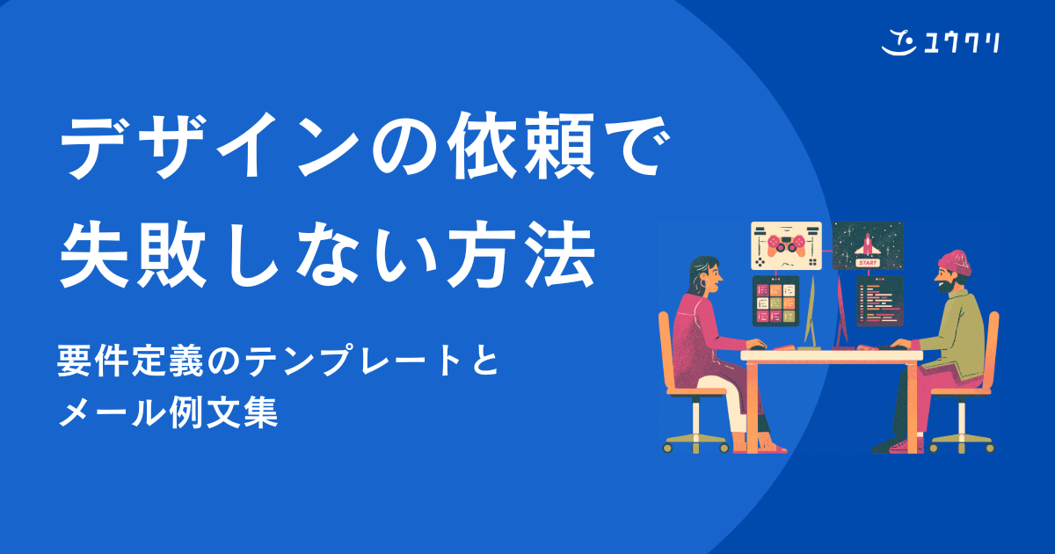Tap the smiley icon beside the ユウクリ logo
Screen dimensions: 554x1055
coord(898,40)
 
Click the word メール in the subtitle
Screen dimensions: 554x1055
coord(101,411)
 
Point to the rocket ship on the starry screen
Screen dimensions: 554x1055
coord(868,243)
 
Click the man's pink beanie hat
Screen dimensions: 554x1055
coord(953,260)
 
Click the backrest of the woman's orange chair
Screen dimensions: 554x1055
coord(666,352)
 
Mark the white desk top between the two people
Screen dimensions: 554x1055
coord(830,355)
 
